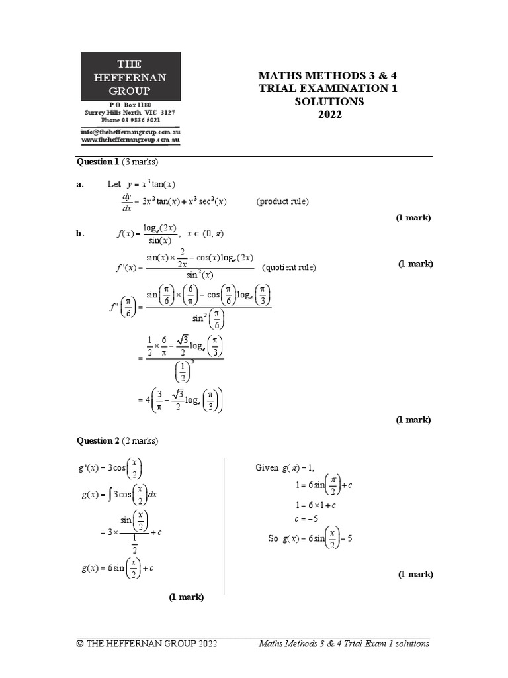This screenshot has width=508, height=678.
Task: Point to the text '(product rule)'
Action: coord(282,201)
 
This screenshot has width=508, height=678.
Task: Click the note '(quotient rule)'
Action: coord(289,267)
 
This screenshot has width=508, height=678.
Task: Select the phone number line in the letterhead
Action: coord(131,121)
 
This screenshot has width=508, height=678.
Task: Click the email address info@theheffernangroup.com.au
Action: coord(131,132)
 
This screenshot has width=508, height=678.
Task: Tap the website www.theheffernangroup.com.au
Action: coord(131,140)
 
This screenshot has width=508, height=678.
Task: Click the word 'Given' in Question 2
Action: coord(267,469)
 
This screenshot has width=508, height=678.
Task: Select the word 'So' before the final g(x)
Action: coord(273,538)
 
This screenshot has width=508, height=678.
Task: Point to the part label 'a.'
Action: coord(81,185)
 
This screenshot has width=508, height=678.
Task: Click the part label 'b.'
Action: coord(81,233)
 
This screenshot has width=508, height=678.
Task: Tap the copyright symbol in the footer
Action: coord(80,644)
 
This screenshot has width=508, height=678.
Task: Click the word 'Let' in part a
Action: coord(114,185)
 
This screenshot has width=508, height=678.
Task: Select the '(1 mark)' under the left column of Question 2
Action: coord(186,597)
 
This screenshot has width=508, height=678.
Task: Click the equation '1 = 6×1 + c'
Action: coord(315,505)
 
